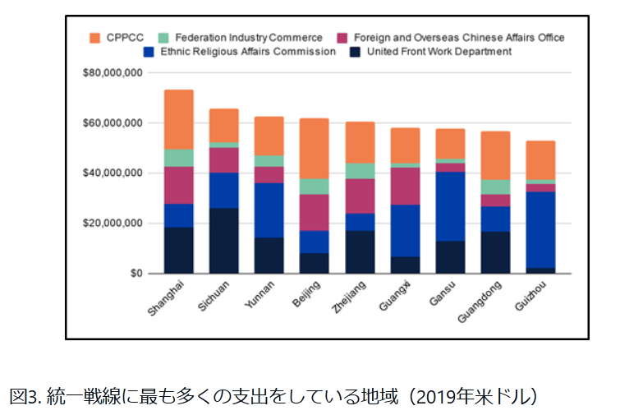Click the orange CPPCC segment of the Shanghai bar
tap(179, 119)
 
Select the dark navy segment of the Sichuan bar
tap(224, 240)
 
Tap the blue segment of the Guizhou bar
tap(541, 229)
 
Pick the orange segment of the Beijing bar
tap(315, 148)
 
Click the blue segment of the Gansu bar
tap(451, 206)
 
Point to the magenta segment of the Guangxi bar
tap(405, 186)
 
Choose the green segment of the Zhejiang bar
tap(360, 171)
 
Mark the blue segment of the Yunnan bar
tap(269, 210)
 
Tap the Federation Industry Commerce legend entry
tap(238, 38)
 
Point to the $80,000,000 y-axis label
tap(114, 73)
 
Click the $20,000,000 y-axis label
tap(114, 224)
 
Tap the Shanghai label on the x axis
tap(166, 297)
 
